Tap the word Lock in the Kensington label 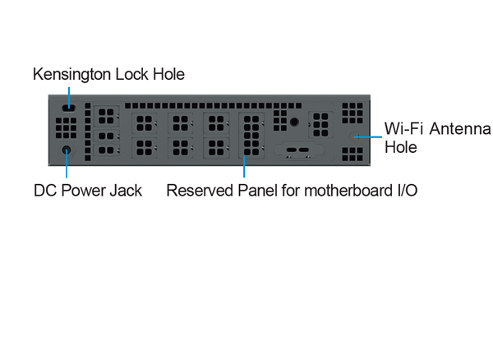coord(127,75)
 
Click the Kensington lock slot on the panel coord(69,107)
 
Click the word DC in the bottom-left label coord(44,192)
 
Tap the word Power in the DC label coord(83,192)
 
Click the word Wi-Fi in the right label coord(403,130)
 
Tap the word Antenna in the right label coord(458,130)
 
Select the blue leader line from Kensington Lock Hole coord(69,93)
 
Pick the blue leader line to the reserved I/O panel coord(244,168)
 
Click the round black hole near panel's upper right coord(293,121)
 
